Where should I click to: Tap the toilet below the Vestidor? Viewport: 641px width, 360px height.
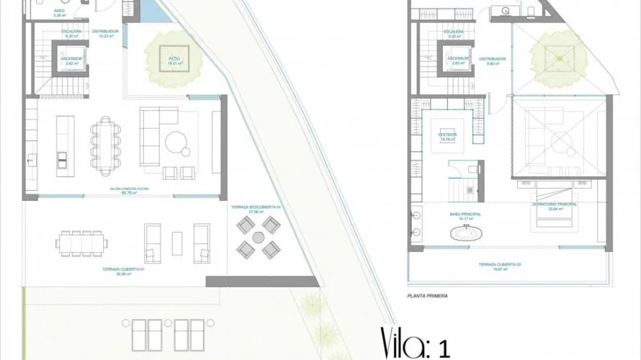click(470, 170)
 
